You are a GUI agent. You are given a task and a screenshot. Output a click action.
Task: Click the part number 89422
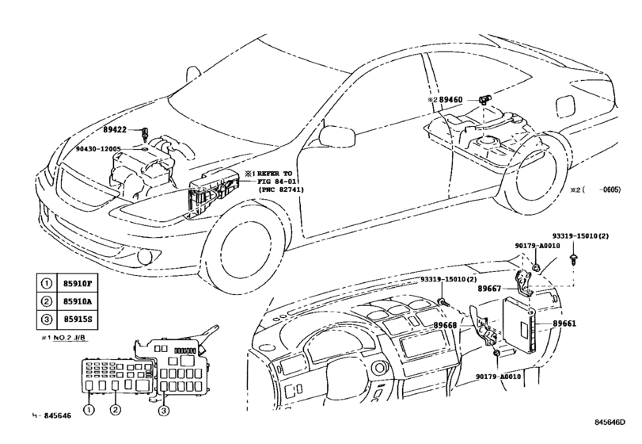point(116,130)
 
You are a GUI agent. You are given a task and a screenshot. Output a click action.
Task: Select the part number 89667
point(491,289)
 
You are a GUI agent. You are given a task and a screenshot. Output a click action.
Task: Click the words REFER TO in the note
point(279,172)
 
